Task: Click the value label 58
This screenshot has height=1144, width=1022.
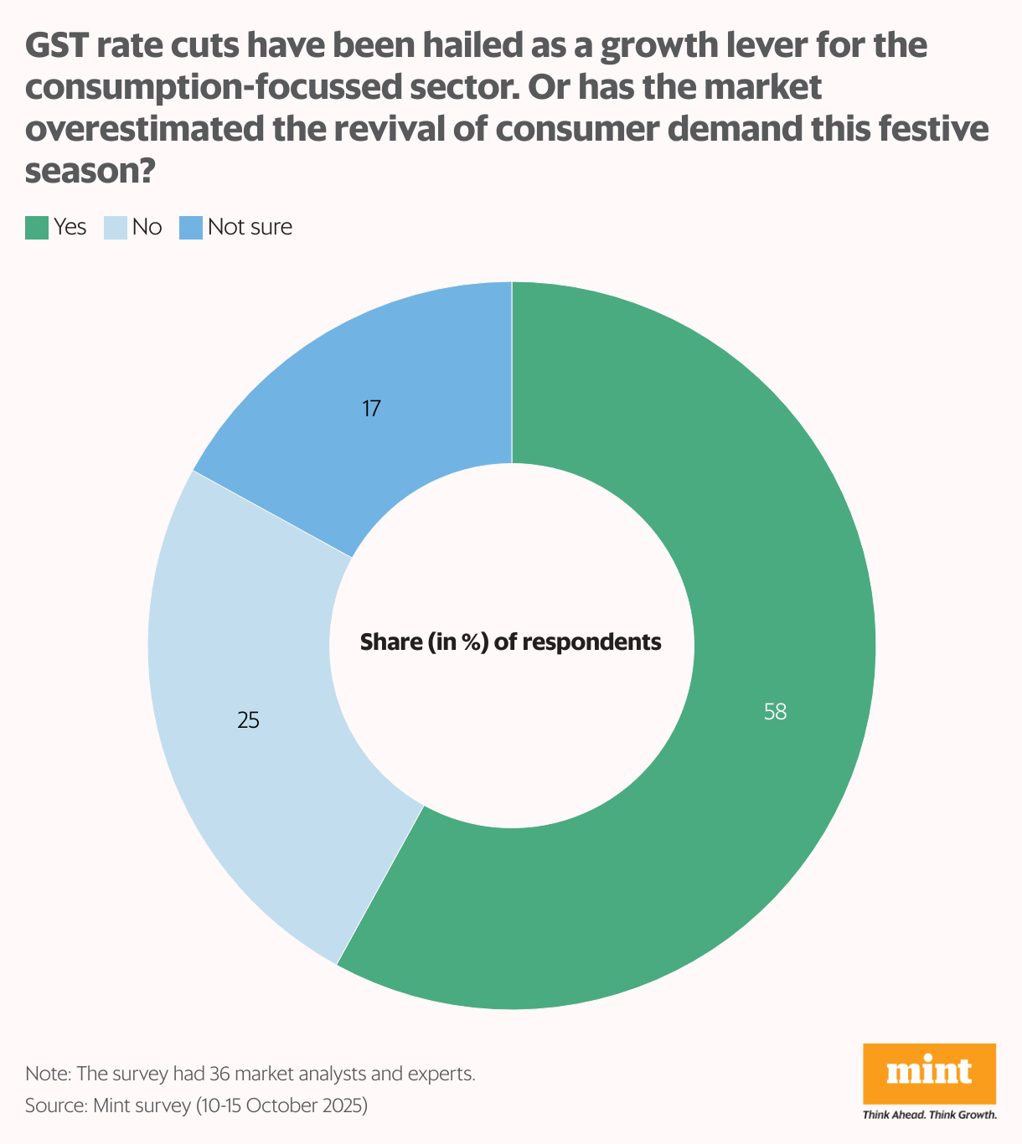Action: (775, 712)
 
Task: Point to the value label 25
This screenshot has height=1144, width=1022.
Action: (248, 720)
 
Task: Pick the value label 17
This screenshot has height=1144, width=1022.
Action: (372, 409)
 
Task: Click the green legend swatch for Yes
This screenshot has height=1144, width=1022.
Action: (37, 228)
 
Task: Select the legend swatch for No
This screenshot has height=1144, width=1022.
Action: (115, 228)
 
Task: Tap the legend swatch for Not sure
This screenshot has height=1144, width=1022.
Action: (191, 228)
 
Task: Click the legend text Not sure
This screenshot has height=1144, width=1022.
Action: (250, 227)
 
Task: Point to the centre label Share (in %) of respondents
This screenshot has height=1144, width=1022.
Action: (511, 642)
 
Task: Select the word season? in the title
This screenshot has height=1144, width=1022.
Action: (90, 172)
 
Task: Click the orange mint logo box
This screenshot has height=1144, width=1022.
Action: (929, 1073)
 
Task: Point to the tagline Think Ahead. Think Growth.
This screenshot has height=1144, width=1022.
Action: (929, 1115)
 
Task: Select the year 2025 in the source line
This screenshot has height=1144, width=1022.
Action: (343, 1105)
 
